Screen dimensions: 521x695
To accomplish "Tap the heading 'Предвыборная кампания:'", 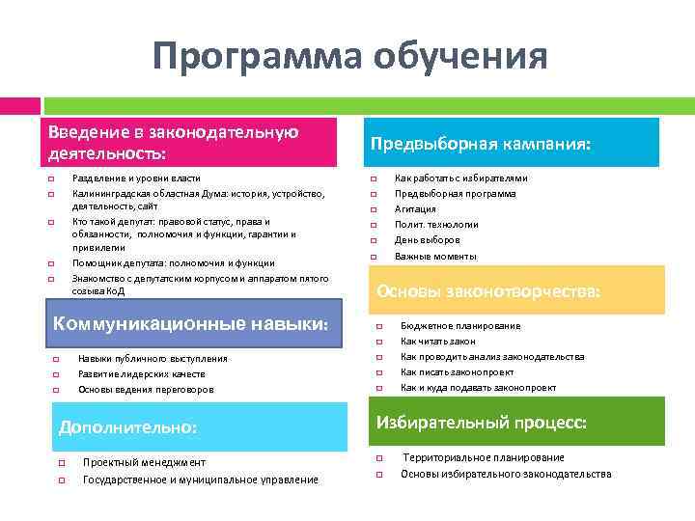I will (481, 144).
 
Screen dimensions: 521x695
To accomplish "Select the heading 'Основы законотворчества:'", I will (488, 290).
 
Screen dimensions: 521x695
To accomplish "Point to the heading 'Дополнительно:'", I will (127, 425).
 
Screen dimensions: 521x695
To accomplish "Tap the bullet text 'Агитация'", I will (415, 208).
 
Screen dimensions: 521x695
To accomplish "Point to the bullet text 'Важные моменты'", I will (435, 256).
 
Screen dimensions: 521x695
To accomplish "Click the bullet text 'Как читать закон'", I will (438, 342).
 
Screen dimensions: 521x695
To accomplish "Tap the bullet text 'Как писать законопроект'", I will (457, 372).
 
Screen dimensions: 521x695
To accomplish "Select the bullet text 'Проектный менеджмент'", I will (144, 462).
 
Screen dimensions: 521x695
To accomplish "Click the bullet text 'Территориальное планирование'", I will (484, 457).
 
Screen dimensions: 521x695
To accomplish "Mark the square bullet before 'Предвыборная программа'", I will (373, 194).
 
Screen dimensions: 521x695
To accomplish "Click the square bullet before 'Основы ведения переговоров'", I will (56, 390).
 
